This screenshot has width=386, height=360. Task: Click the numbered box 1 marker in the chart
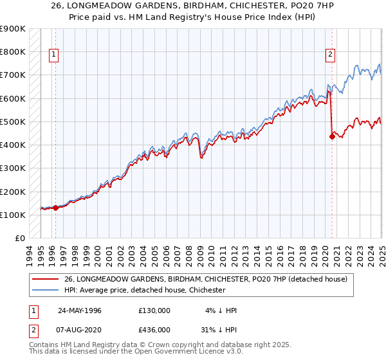click(x=53, y=55)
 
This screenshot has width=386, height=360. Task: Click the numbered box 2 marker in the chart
click(x=330, y=55)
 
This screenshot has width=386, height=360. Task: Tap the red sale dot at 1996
click(x=55, y=208)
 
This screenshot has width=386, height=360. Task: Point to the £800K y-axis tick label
click(x=13, y=51)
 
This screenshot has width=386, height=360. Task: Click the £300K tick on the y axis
click(x=13, y=168)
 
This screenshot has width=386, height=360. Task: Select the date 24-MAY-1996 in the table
click(x=80, y=310)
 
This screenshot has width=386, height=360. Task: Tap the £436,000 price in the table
click(x=154, y=329)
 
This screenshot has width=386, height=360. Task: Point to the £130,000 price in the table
click(x=154, y=310)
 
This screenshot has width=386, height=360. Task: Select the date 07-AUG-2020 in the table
click(x=80, y=329)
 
